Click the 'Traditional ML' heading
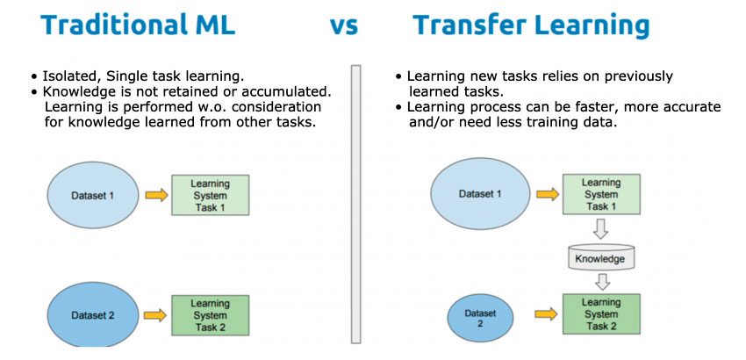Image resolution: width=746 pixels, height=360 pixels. tap(138, 25)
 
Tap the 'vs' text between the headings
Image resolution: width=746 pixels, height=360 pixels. tap(343, 26)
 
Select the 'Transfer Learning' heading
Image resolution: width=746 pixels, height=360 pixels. tap(531, 25)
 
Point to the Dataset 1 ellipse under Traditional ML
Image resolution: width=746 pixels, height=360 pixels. tap(93, 195)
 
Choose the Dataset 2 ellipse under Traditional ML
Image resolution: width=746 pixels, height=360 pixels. tap(93, 314)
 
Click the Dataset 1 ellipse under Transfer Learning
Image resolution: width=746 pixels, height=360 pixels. tap(479, 194)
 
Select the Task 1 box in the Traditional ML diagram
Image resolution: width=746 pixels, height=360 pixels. tap(210, 195)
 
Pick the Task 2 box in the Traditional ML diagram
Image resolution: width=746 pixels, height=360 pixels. tap(210, 314)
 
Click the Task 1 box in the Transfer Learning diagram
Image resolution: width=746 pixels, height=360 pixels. tap(601, 194)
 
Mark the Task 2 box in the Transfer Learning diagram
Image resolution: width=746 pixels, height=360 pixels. tap(601, 313)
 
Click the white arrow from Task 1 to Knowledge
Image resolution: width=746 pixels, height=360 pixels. tap(601, 229)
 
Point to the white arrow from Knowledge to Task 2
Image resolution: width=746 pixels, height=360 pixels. tap(602, 281)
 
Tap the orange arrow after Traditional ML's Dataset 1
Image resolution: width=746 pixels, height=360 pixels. tap(156, 195)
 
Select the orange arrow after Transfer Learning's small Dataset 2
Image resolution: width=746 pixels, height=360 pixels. tap(546, 313)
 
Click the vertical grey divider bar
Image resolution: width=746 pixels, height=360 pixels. tap(355, 205)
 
